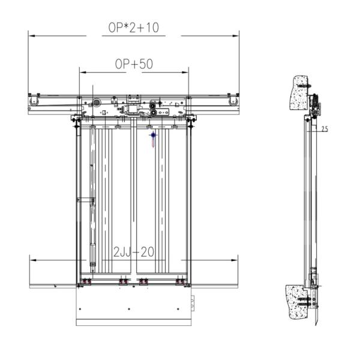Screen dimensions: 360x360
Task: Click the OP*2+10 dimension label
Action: pos(133,28)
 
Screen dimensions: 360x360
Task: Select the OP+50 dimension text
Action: pos(134,64)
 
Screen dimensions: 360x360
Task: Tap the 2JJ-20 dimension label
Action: pos(134,252)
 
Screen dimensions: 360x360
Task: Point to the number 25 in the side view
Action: pos(325,129)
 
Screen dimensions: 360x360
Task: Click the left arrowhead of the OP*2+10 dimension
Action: pos(31,36)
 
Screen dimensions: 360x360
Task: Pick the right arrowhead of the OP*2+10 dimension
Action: pos(236,36)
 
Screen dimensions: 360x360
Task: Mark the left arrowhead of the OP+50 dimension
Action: pos(83,73)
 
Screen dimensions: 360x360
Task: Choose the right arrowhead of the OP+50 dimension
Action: pos(185,73)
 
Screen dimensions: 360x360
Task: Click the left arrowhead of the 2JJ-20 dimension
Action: pos(33,260)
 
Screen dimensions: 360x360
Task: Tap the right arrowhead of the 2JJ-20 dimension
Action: pos(235,260)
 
